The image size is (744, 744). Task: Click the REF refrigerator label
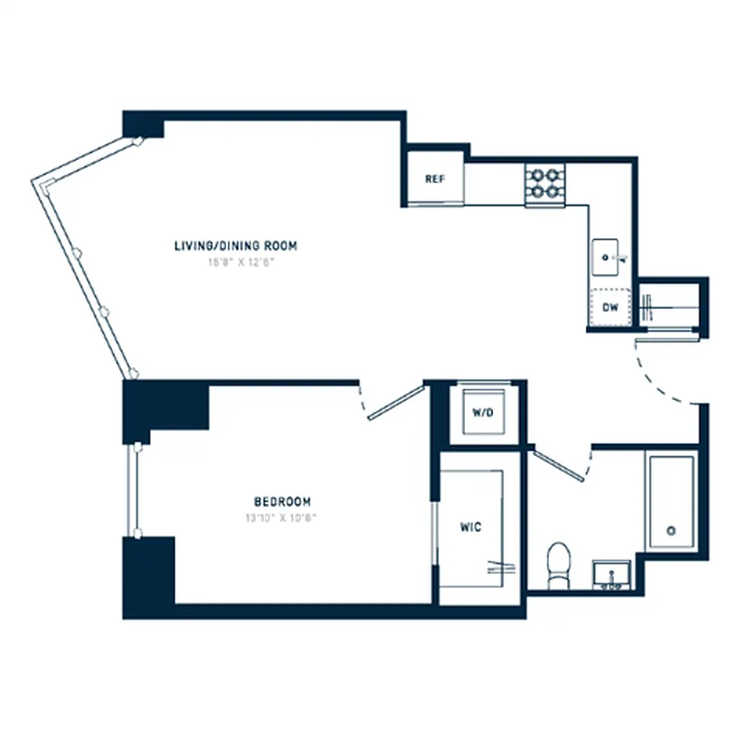coord(433,179)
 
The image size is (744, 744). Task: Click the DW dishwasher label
coord(610,307)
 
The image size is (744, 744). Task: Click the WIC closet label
coord(471,527)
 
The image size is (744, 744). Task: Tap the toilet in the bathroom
coord(558,565)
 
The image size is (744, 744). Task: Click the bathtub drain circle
coord(671,532)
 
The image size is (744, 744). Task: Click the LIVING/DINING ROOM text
coord(236,246)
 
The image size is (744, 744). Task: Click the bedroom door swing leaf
coord(395,403)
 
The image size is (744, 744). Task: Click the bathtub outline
coord(671,502)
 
